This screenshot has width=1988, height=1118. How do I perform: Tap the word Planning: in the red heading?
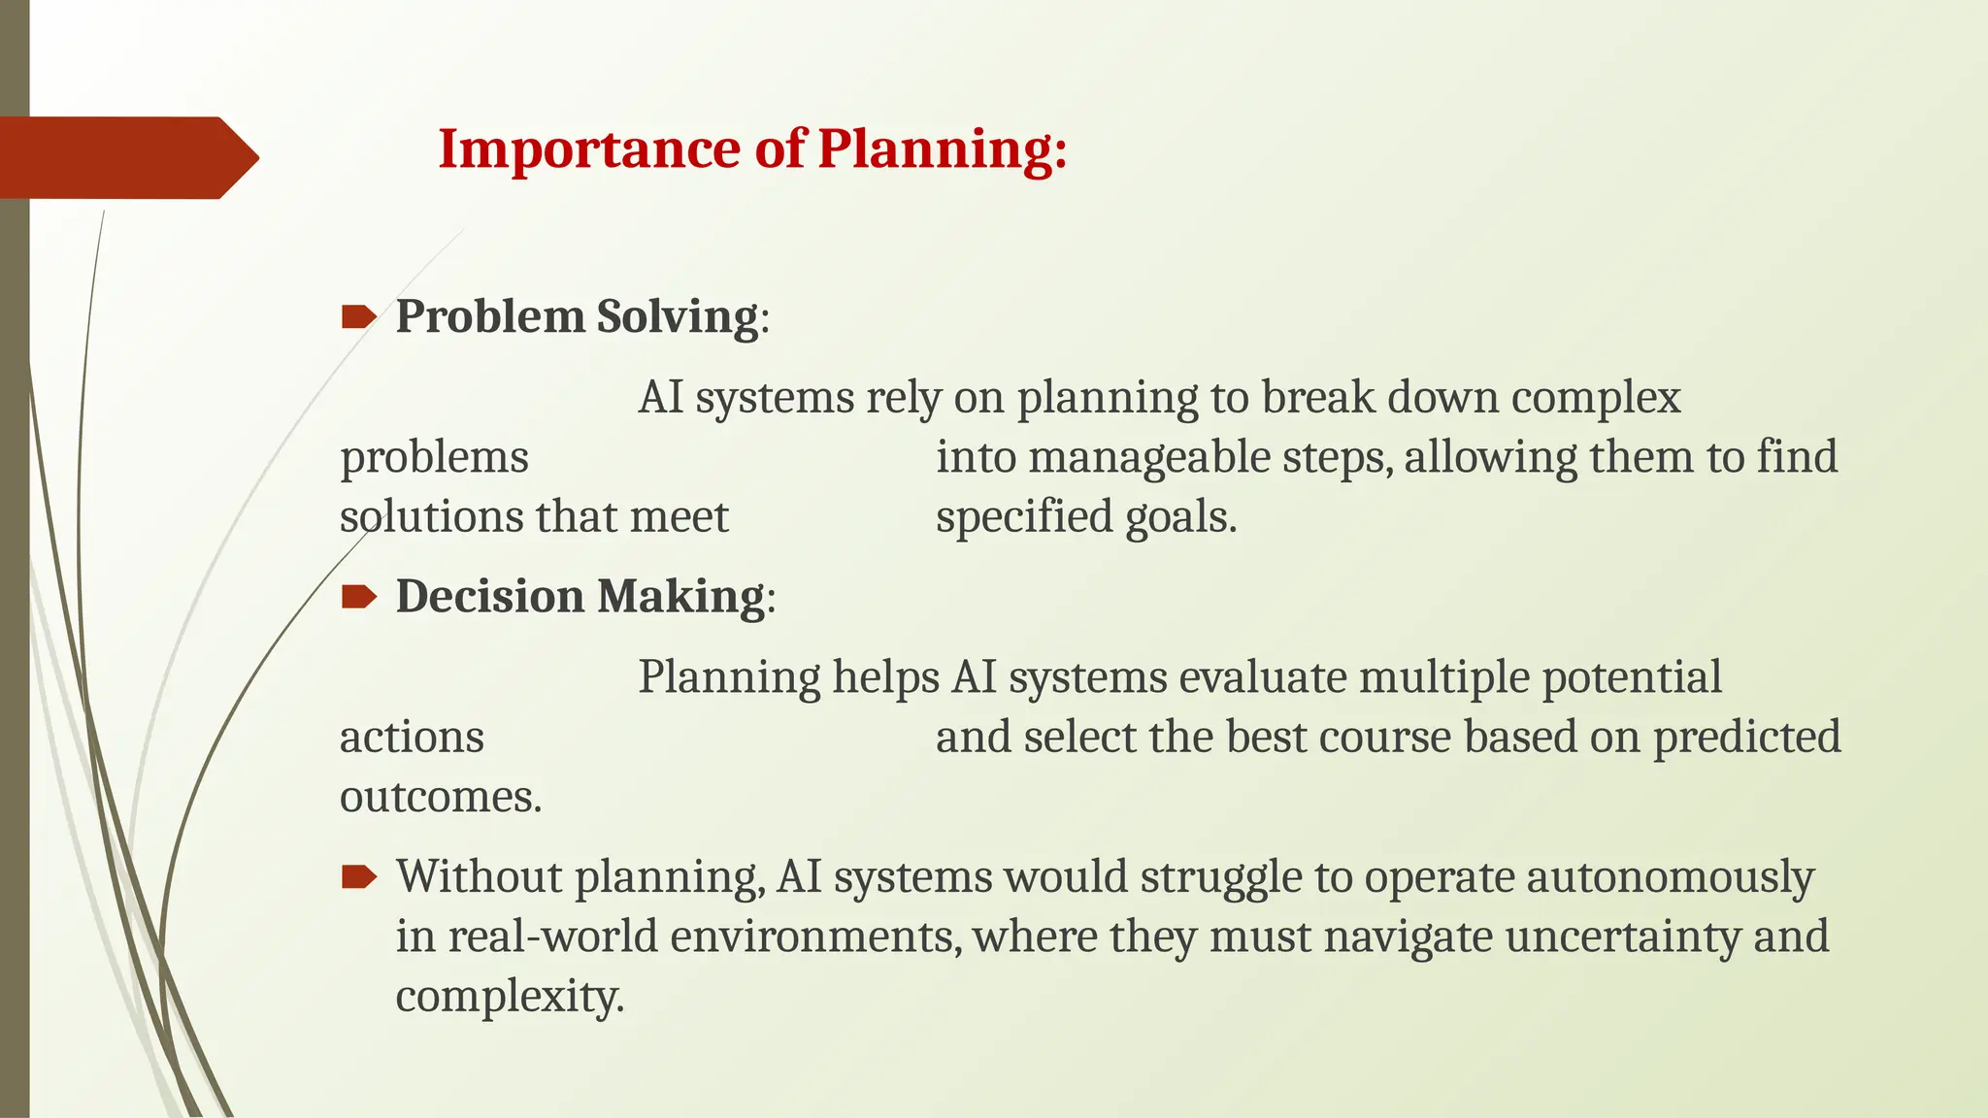pyautogui.click(x=942, y=149)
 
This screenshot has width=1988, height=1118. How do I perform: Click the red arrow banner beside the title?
pyautogui.click(x=126, y=157)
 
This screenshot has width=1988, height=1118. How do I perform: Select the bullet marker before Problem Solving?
pyautogui.click(x=358, y=316)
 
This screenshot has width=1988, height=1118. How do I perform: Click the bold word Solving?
pyautogui.click(x=677, y=316)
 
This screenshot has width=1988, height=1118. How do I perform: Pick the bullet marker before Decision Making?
pyautogui.click(x=358, y=596)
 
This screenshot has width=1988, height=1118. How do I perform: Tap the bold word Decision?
pyautogui.click(x=489, y=596)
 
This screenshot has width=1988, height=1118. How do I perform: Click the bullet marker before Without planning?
pyautogui.click(x=358, y=877)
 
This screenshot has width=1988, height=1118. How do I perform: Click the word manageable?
pyautogui.click(x=1148, y=457)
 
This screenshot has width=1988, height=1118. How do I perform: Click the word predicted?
pyautogui.click(x=1746, y=737)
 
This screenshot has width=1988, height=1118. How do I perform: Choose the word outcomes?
pyautogui.click(x=440, y=797)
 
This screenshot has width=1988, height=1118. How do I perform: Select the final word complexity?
pyautogui.click(x=509, y=997)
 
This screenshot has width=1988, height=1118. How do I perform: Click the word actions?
pyautogui.click(x=412, y=737)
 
